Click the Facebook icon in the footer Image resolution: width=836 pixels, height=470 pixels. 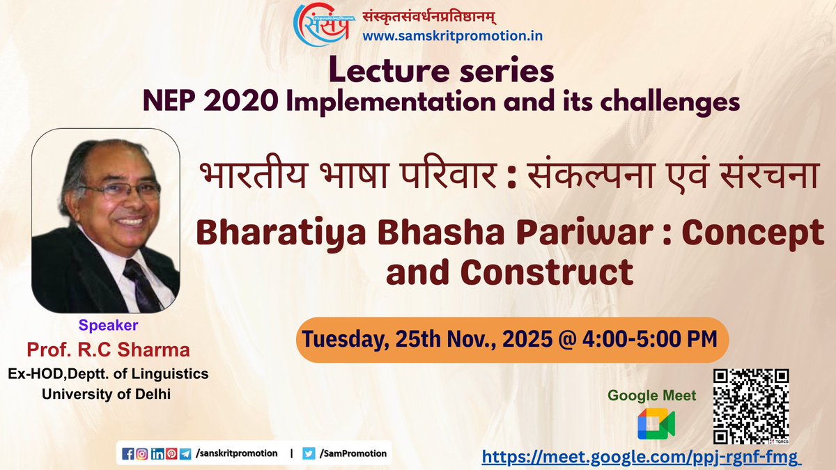127,453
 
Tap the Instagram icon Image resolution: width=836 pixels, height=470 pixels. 142,453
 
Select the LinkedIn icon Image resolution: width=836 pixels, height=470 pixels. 157,453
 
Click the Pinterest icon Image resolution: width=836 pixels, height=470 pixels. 171,453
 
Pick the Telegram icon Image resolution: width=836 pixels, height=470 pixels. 185,453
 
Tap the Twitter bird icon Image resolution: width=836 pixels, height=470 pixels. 309,453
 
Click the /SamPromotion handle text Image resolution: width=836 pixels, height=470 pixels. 354,453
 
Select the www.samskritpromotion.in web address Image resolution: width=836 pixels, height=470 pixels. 444,34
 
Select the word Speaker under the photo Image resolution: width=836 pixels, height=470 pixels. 109,324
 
